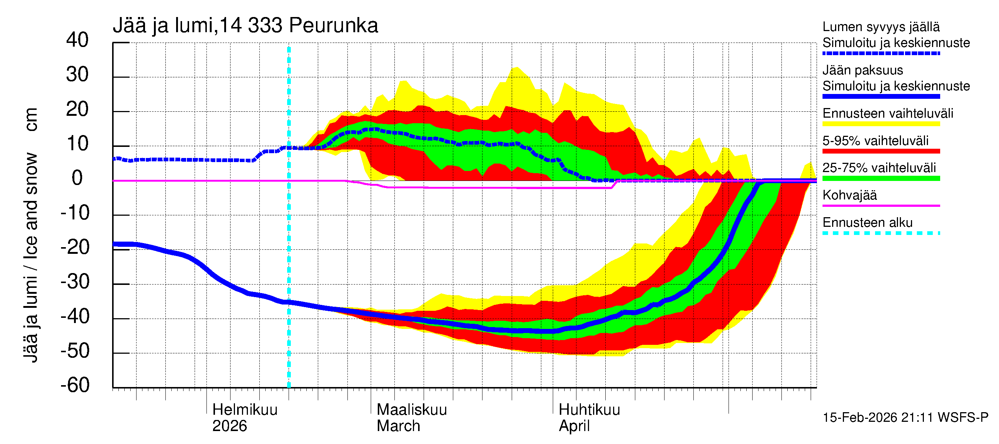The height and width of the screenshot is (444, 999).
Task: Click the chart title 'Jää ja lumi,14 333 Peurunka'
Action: coord(245,26)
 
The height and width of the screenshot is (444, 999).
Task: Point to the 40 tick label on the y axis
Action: coord(77,40)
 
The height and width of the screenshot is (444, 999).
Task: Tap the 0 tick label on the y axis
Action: coord(77,178)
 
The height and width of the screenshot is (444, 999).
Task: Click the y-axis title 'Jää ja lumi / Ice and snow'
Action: coord(31,258)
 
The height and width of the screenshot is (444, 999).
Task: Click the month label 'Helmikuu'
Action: coord(245,410)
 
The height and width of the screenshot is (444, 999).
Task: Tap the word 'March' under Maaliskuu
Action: coord(398,426)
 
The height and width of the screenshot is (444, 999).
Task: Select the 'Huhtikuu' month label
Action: coord(589,410)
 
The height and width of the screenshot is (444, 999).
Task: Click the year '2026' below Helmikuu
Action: coord(229,426)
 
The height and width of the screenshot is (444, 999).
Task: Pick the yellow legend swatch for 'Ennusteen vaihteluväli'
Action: coord(881,124)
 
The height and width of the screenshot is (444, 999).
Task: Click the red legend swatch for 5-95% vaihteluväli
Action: coord(881,151)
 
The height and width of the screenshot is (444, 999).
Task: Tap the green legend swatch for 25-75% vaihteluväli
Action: coord(881,178)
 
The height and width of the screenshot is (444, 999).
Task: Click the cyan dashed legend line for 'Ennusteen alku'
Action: coord(881,233)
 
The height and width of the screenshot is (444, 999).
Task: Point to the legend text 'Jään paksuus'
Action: coord(862,70)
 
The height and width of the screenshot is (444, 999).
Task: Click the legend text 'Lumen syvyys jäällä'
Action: coord(881,27)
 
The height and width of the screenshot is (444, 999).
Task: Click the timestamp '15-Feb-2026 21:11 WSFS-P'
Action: coord(905,417)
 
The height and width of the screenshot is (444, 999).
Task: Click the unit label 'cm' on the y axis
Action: coord(31,120)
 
